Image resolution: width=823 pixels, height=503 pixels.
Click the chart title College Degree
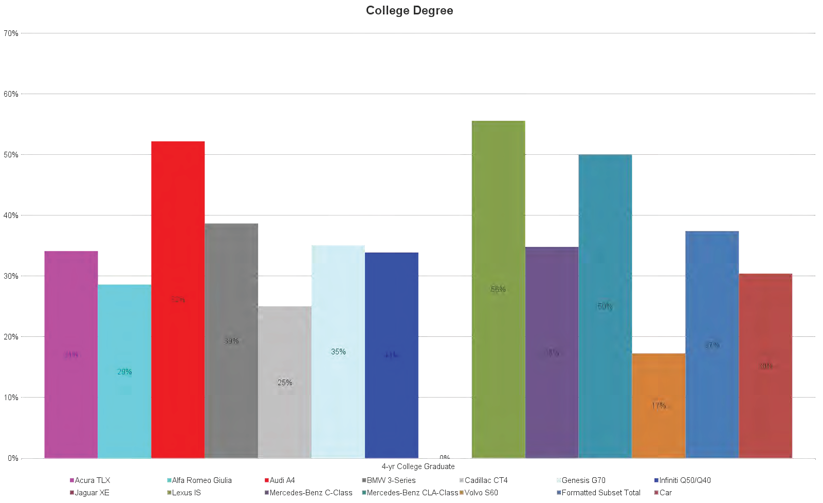(x=409, y=11)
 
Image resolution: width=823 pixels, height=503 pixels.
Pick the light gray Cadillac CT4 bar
(x=285, y=382)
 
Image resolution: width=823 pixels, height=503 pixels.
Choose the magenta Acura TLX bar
(x=71, y=354)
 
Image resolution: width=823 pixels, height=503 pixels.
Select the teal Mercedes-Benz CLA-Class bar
(x=605, y=306)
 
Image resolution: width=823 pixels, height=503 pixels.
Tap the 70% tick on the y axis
(x=11, y=33)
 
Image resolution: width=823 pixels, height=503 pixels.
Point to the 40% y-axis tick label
(x=11, y=215)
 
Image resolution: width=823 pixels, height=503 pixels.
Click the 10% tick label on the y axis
(x=11, y=398)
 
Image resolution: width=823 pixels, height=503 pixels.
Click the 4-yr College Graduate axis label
(x=418, y=466)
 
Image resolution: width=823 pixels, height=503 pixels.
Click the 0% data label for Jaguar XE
(x=445, y=457)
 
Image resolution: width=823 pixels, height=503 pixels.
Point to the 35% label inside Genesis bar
(x=338, y=352)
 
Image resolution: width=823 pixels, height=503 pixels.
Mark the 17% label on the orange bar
(x=659, y=406)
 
